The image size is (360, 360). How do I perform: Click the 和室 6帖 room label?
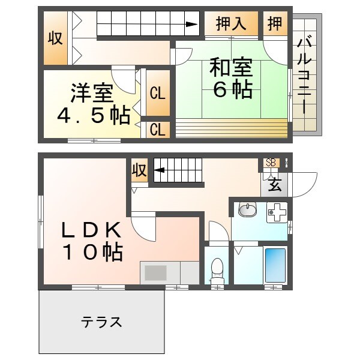pyautogui.click(x=230, y=78)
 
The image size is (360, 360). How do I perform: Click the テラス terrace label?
pyautogui.click(x=102, y=322)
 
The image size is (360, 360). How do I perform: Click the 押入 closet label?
pyautogui.click(x=231, y=24)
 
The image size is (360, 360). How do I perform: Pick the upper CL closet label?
pyautogui.click(x=158, y=94)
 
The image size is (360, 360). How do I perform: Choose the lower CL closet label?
pyautogui.click(x=158, y=129)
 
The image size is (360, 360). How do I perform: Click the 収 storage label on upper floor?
pyautogui.click(x=55, y=38)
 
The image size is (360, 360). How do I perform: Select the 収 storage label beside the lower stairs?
pyautogui.click(x=139, y=170)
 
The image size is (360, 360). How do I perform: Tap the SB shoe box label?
pyautogui.click(x=271, y=163)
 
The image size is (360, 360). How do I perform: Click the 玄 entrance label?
pyautogui.click(x=275, y=184)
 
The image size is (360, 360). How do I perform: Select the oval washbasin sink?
pyautogui.click(x=246, y=210)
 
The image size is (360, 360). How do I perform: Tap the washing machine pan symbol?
pyautogui.click(x=277, y=212)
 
